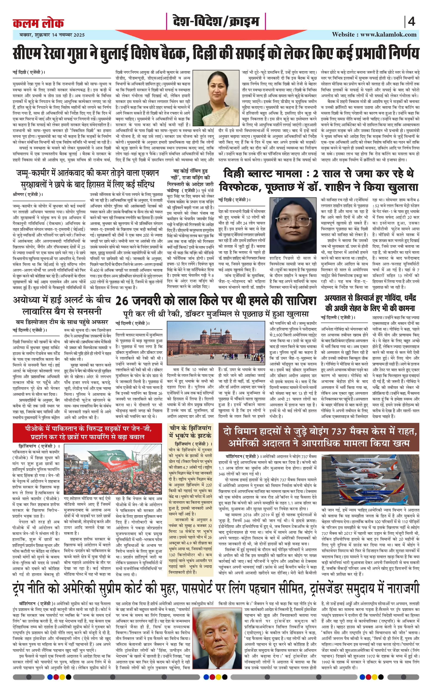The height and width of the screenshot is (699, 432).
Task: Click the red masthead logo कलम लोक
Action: pyautogui.click(x=38, y=23)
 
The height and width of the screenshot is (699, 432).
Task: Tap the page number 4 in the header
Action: pyautogui.click(x=411, y=22)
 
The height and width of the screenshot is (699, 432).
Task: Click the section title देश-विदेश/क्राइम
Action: pyautogui.click(x=216, y=22)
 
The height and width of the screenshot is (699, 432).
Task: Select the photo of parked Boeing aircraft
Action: pyautogui.click(x=370, y=480)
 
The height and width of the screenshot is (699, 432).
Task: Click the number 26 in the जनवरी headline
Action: pyautogui.click(x=122, y=301)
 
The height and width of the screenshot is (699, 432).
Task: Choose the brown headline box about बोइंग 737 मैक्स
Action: pyautogui.click(x=319, y=437)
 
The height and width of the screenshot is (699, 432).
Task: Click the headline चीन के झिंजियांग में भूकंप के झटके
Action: pyautogui.click(x=190, y=432)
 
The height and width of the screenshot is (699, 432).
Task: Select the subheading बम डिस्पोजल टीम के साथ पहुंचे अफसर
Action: pyautogui.click(x=62, y=322)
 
